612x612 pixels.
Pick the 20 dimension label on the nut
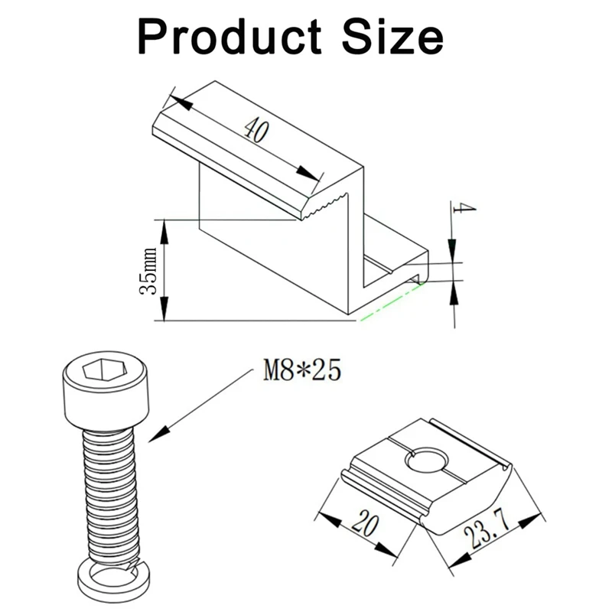(366, 526)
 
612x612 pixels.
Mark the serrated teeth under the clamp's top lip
(325, 207)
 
